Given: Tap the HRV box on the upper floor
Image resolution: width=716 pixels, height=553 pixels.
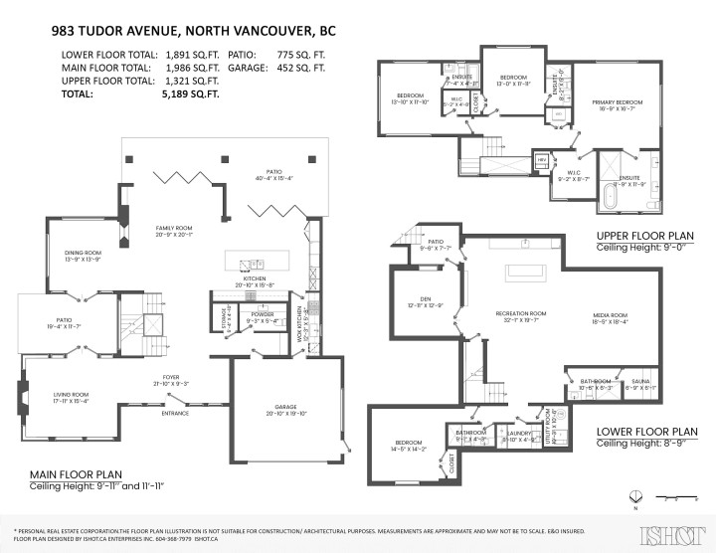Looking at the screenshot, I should point(542,160).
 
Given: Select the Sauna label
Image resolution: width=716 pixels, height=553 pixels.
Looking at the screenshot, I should point(640,381).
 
